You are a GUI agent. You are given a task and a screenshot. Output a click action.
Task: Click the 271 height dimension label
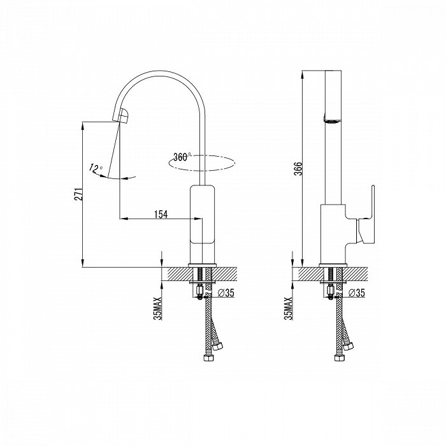click(x=79, y=194)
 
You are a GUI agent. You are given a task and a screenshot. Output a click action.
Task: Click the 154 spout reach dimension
click(x=161, y=215)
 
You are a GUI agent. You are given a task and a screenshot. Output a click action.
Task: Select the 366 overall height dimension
click(x=298, y=169)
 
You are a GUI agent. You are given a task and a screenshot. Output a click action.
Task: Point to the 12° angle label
click(x=96, y=168)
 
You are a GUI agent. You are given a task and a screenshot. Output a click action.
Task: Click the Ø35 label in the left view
click(x=226, y=292)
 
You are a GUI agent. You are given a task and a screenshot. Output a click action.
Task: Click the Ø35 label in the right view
click(x=356, y=292)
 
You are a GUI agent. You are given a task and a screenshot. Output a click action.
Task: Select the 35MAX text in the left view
click(x=157, y=308)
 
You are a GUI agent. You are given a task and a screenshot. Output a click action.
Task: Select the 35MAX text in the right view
click(x=288, y=308)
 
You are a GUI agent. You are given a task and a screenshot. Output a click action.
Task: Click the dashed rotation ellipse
click(x=202, y=163)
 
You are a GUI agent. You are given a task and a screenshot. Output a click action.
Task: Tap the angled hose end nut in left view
click(x=219, y=347)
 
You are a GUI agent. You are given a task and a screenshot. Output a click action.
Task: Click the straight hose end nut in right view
click(x=338, y=357)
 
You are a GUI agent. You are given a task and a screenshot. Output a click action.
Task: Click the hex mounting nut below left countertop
click(x=199, y=291)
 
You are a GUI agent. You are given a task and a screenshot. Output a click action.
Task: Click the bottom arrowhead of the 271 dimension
click(x=83, y=263)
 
